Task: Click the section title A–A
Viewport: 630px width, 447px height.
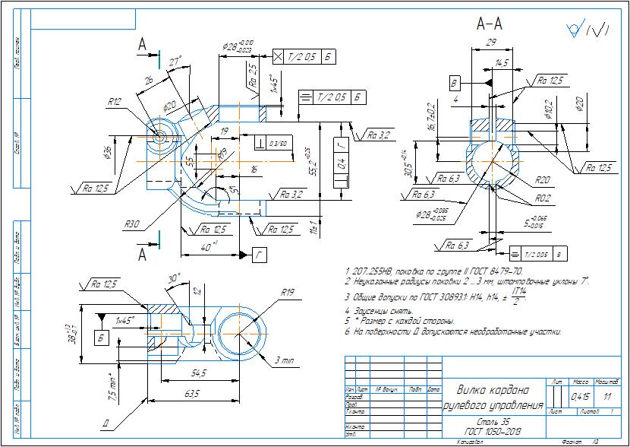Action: (x=489, y=24)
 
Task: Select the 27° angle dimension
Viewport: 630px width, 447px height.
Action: (x=175, y=62)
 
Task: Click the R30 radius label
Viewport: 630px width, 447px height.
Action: (x=134, y=224)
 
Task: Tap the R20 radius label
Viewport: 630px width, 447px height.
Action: (x=542, y=181)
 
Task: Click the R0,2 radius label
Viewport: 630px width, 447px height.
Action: (x=542, y=198)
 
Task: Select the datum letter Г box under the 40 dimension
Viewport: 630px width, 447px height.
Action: (x=259, y=256)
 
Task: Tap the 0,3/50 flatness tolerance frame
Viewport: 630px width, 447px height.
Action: (x=279, y=144)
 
